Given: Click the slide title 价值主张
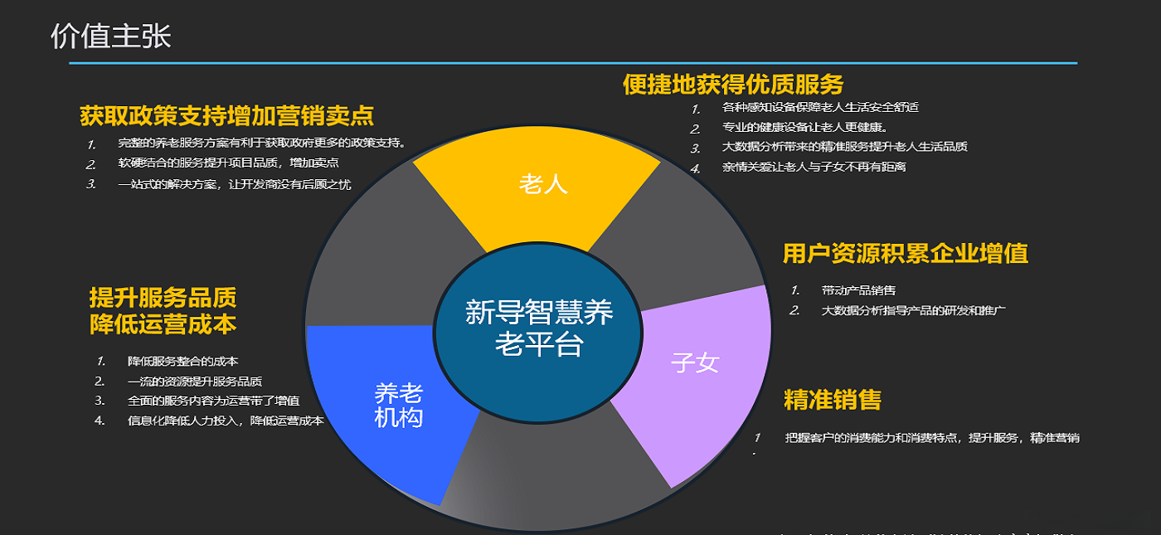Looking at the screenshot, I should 110,36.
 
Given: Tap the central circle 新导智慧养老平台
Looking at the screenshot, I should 538,328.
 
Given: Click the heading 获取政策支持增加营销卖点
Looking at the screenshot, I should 226,115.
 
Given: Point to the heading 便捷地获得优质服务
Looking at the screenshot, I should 733,84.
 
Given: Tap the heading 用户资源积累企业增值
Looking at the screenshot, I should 906,254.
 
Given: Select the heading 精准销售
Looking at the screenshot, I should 832,400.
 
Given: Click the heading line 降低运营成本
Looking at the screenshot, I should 163,324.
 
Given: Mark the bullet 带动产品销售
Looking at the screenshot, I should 858,290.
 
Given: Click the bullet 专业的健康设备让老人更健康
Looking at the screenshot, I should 805,128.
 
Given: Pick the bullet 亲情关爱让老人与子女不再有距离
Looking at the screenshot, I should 814,167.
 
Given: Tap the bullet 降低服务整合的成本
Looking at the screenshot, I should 183,362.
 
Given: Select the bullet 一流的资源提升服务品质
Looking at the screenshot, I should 195,382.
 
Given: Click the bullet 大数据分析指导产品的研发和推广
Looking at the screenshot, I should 913,311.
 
